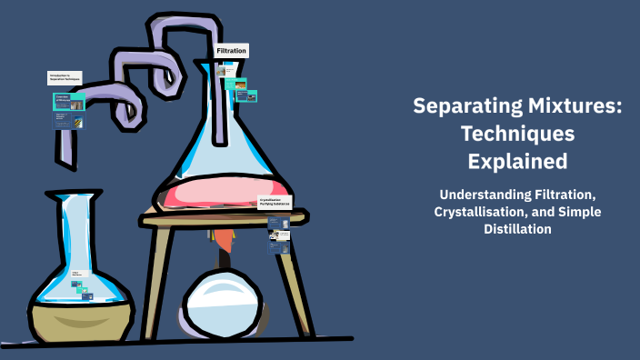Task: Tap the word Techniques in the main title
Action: pyautogui.click(x=517, y=134)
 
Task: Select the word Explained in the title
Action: pyautogui.click(x=517, y=161)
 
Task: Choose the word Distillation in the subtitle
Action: pyautogui.click(x=517, y=230)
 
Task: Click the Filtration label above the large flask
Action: pyautogui.click(x=232, y=51)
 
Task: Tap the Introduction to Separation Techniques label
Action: pyautogui.click(x=65, y=78)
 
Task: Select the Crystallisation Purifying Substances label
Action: pyautogui.click(x=275, y=201)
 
